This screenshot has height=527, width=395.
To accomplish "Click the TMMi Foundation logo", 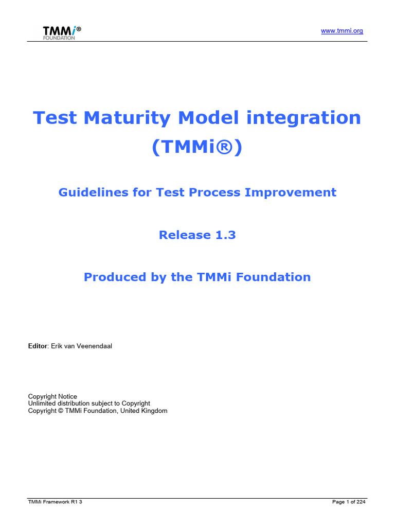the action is click(x=62, y=33).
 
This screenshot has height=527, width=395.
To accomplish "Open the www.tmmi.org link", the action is click(x=342, y=31).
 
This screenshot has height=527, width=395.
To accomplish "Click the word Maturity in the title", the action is click(x=127, y=118).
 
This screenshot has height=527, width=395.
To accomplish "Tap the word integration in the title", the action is click(x=303, y=118).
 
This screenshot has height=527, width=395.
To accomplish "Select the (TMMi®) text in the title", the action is click(x=197, y=147).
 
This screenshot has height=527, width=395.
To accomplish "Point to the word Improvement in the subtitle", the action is click(x=291, y=192).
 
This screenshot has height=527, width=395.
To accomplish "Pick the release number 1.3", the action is click(x=225, y=235).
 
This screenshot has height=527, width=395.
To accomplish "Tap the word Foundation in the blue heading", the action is click(x=274, y=277).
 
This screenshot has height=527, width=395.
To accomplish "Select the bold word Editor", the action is click(x=38, y=346).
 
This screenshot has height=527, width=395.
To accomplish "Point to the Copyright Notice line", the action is click(x=52, y=397).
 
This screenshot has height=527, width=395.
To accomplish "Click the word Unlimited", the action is click(x=42, y=403).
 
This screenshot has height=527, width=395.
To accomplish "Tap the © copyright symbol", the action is click(x=61, y=411).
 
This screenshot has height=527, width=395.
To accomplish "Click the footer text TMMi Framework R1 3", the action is click(x=55, y=502).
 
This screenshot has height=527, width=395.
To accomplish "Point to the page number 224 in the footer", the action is click(x=361, y=502).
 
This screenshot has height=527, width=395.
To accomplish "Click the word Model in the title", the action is click(x=208, y=118).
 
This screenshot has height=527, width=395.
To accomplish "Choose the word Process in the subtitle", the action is click(x=214, y=192).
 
